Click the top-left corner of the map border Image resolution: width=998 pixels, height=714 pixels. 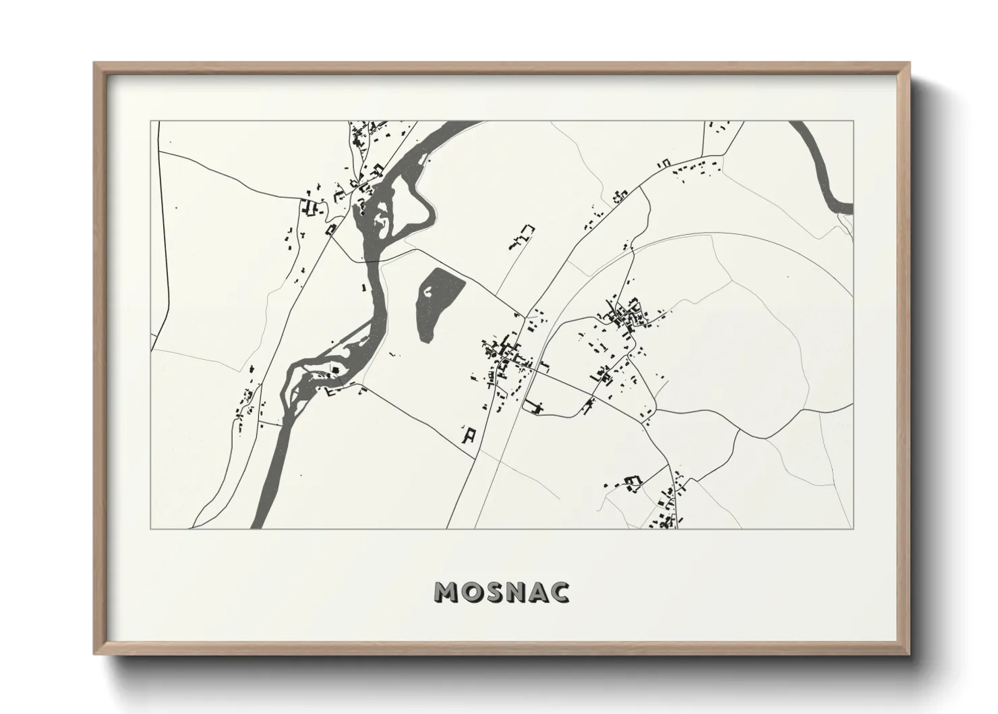150,121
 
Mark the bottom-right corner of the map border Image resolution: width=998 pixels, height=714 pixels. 854,528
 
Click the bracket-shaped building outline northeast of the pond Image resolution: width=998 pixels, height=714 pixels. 522,236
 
